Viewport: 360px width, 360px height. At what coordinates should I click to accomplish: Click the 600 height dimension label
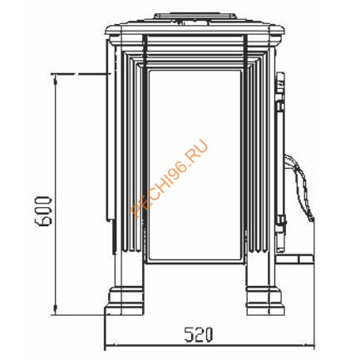[x=43, y=210]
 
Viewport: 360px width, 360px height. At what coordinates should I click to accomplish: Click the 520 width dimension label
[x=199, y=334]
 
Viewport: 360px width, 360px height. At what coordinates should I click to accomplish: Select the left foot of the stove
[x=124, y=301]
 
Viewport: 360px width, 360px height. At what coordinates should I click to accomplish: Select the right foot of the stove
[x=265, y=301]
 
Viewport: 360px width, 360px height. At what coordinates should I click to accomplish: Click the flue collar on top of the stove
[x=195, y=17]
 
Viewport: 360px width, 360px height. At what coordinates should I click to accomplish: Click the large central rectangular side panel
[x=195, y=165]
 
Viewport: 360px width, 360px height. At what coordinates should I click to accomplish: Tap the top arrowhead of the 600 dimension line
[x=56, y=80]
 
